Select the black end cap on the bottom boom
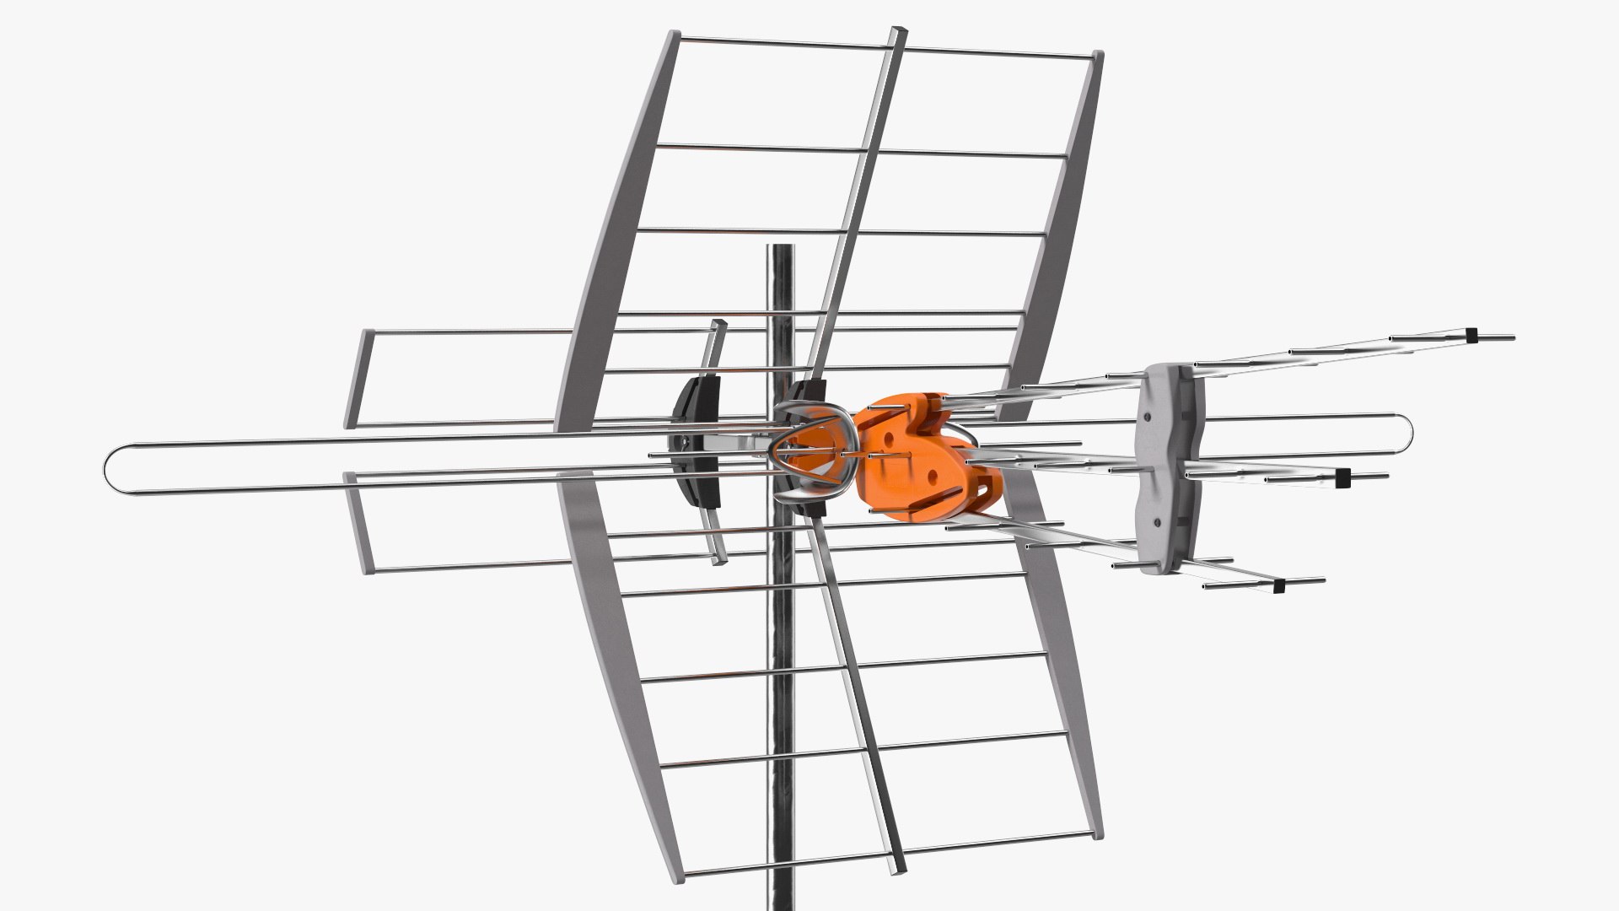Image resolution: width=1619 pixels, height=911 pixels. point(1278,585)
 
